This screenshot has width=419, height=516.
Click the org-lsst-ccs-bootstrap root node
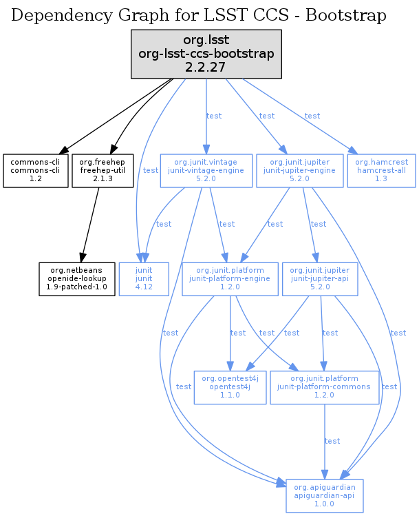(x=206, y=53)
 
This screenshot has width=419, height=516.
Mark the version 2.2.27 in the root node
(x=206, y=67)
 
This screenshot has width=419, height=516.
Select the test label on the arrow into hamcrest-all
(x=312, y=116)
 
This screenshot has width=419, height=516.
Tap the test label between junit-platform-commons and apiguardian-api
(x=332, y=441)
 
